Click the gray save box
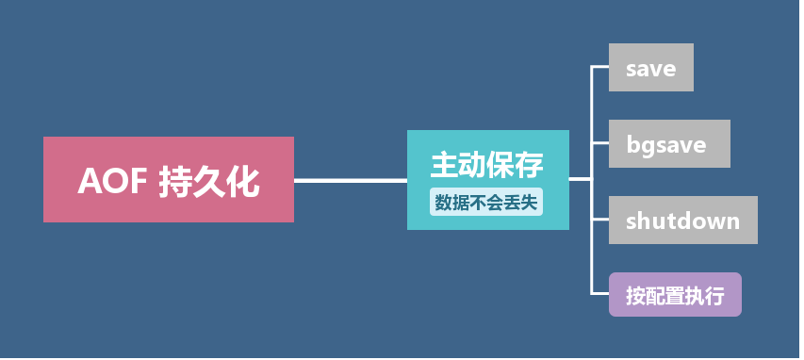click(x=650, y=68)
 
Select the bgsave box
click(x=669, y=144)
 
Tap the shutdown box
click(x=682, y=221)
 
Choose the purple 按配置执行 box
click(x=675, y=295)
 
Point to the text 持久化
click(x=208, y=181)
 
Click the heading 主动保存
click(x=487, y=165)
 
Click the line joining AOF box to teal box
click(x=350, y=179)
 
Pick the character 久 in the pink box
click(x=208, y=181)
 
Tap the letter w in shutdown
click(x=706, y=221)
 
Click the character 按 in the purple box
click(x=636, y=296)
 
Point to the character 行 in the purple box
click(x=714, y=296)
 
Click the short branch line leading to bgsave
click(x=600, y=143)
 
